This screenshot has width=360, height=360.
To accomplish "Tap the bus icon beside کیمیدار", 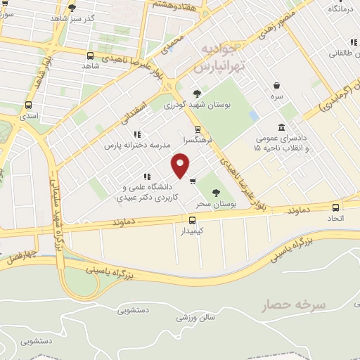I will click(x=183, y=220).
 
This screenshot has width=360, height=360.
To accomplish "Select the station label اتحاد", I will click(x=335, y=219).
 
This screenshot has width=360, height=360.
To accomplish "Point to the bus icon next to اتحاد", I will click(x=335, y=207).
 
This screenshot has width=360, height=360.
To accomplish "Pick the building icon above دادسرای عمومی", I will click(x=281, y=127).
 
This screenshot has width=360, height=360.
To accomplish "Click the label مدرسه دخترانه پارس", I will click(x=138, y=146).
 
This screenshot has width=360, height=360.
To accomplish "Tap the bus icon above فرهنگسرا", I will click(x=198, y=129).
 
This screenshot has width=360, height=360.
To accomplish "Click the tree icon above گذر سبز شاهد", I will click(x=72, y=8).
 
